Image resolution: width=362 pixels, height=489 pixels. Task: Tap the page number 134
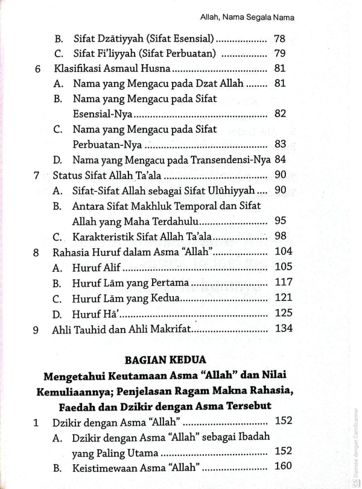[x=282, y=328]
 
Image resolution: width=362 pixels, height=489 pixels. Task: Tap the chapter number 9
[x=37, y=329]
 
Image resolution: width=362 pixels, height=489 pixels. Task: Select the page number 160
[x=282, y=465]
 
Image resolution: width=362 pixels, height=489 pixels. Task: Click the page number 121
[x=282, y=298]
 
